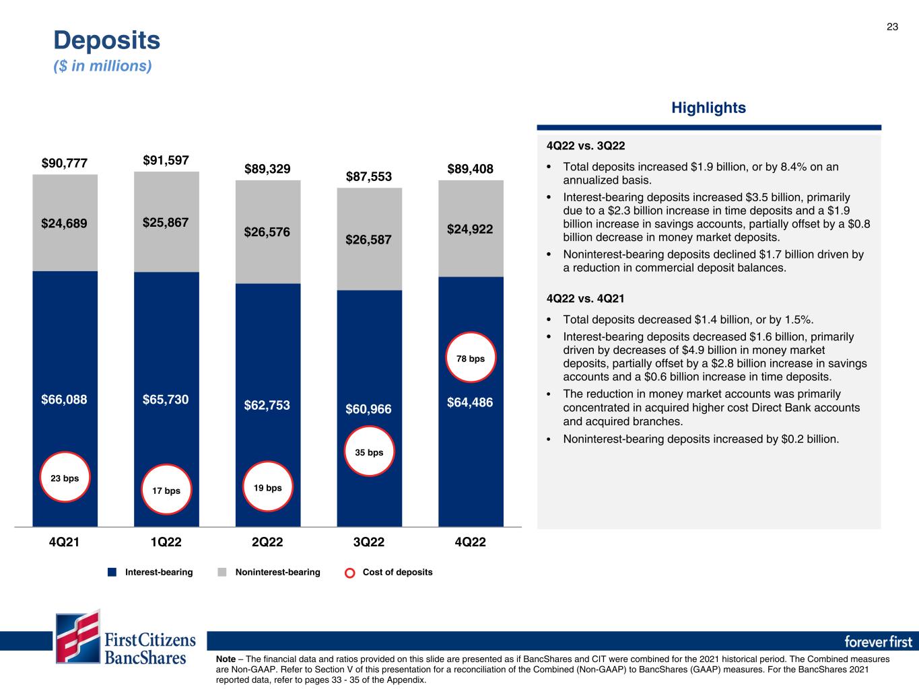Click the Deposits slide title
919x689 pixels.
(x=107, y=40)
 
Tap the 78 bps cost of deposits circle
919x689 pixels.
(x=471, y=358)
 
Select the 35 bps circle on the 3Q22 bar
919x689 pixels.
(x=369, y=451)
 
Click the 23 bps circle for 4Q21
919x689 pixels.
(x=65, y=478)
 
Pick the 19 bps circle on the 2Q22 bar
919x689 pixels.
(x=267, y=487)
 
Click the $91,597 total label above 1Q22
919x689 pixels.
(x=166, y=160)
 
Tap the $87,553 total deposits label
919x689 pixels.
(x=369, y=176)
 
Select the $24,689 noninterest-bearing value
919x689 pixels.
(x=64, y=223)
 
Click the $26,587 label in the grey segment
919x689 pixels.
(x=369, y=240)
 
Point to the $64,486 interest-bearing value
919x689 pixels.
(x=470, y=403)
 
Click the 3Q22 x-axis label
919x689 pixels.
(x=369, y=542)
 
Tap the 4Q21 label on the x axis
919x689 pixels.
(x=65, y=542)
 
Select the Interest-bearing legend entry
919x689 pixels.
(x=151, y=572)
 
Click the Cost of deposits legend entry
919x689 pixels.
(x=390, y=572)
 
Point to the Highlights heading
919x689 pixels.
(x=708, y=108)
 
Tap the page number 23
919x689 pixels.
(x=891, y=27)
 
